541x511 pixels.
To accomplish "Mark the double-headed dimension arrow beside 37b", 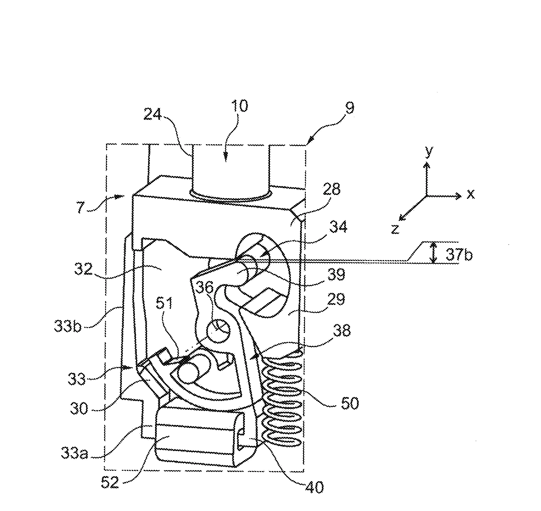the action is point(433,252).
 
